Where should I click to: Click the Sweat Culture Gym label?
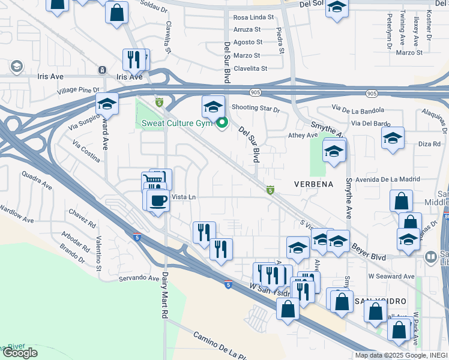177,124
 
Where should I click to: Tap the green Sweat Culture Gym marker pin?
222,124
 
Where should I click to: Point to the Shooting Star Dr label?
256,109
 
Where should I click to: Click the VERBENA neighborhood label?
313,184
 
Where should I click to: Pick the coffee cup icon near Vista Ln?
158,200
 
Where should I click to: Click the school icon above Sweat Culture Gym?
213,107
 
